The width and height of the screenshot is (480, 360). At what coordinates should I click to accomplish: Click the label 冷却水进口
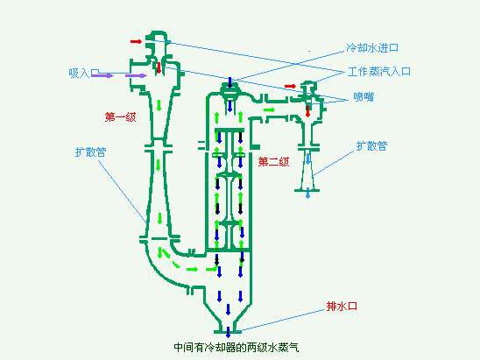(372, 48)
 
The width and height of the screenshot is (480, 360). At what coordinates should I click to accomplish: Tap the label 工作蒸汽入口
(379, 72)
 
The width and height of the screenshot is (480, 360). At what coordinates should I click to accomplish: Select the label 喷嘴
(364, 97)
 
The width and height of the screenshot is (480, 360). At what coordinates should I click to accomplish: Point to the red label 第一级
(120, 117)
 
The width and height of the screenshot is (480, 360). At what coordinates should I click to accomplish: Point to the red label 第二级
(273, 162)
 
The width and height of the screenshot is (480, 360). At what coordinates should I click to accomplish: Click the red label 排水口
(342, 306)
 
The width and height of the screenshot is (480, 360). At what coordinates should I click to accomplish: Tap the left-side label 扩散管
(90, 152)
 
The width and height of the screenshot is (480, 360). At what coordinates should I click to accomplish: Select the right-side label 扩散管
(372, 145)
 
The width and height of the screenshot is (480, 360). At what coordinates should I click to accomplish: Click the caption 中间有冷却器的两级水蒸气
(236, 347)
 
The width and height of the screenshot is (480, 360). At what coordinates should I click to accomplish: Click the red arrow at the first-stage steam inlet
(137, 41)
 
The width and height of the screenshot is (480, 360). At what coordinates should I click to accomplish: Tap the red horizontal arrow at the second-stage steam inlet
(291, 87)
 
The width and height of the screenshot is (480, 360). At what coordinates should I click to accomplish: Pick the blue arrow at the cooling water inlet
(230, 81)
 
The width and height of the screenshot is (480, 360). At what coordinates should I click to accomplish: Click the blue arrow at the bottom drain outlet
(228, 332)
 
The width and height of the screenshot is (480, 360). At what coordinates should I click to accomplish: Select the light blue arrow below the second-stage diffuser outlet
(308, 194)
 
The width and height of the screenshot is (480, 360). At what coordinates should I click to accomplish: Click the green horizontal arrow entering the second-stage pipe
(269, 109)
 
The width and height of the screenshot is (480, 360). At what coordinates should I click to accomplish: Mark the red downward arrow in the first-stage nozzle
(159, 67)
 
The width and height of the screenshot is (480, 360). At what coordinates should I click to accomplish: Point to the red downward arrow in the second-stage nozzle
(308, 111)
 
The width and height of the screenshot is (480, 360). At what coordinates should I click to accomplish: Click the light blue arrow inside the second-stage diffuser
(308, 159)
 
